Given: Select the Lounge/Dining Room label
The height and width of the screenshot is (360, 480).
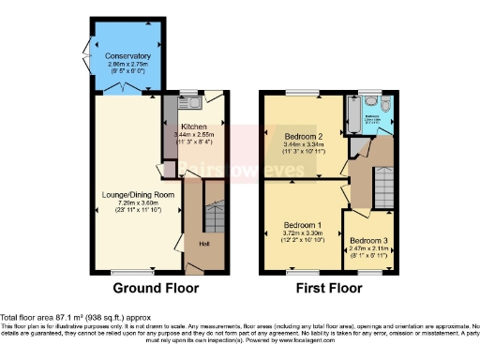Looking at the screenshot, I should [138, 194].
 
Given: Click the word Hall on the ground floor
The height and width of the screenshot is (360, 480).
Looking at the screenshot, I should [202, 246].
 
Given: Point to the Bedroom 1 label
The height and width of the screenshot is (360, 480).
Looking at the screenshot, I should [302, 225].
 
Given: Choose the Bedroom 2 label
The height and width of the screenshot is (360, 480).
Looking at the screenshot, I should [302, 136].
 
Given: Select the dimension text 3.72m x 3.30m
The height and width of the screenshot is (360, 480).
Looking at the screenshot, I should [302, 234].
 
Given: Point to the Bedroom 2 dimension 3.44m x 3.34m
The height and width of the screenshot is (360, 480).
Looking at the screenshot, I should [302, 144].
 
